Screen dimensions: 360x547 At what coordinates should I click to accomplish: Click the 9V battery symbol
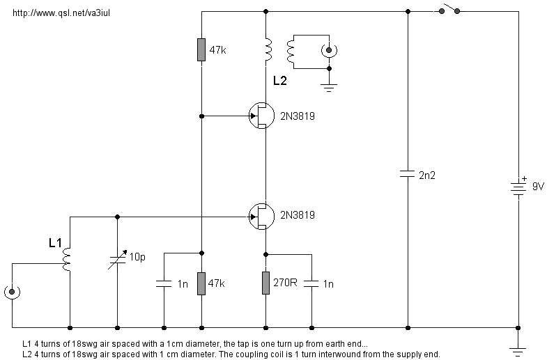[x=518, y=187]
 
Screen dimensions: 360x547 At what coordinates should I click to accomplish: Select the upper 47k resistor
[x=201, y=50]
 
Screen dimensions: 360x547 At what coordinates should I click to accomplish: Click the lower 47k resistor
[x=201, y=283]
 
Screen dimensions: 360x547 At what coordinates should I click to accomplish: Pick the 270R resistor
[x=266, y=283]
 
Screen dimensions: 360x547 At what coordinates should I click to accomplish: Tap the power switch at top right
[x=447, y=10]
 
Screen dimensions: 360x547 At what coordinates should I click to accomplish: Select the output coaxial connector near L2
[x=330, y=50]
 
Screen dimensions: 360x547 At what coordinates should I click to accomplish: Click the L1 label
[x=56, y=243]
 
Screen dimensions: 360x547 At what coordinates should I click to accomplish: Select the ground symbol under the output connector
[x=330, y=87]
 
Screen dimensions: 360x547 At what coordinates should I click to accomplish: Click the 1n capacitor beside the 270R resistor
[x=311, y=283]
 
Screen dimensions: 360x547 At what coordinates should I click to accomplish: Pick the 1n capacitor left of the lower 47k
[x=163, y=283]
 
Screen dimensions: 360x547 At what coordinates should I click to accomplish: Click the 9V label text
[x=538, y=187]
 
